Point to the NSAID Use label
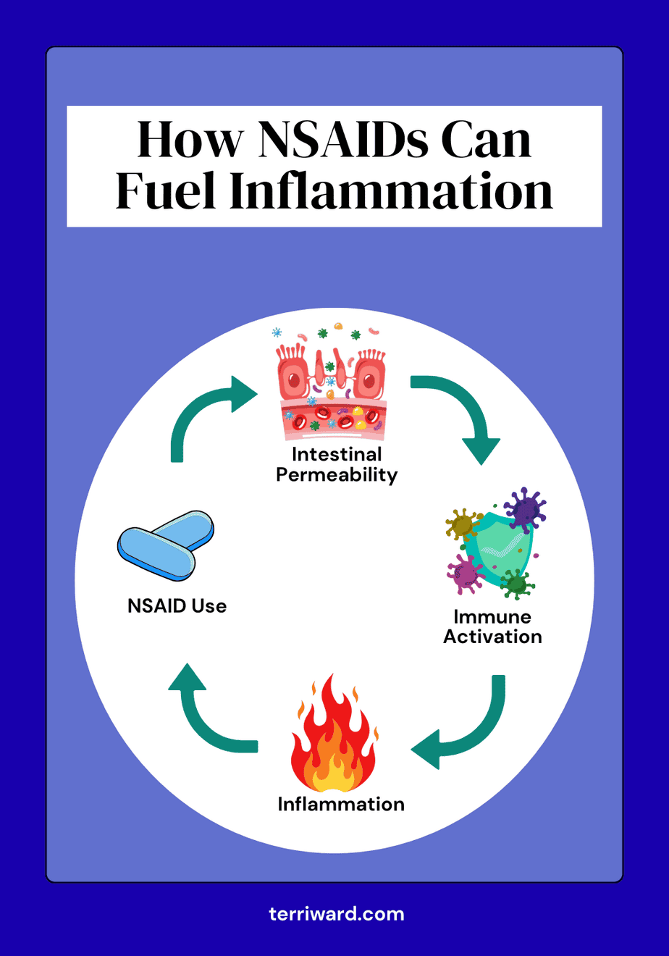[177, 605]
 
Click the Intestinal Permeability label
[337, 465]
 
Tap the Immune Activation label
[492, 626]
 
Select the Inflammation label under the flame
[341, 804]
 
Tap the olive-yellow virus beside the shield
[461, 523]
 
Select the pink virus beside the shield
[465, 573]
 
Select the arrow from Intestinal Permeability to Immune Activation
[463, 413]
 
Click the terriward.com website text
[335, 914]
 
